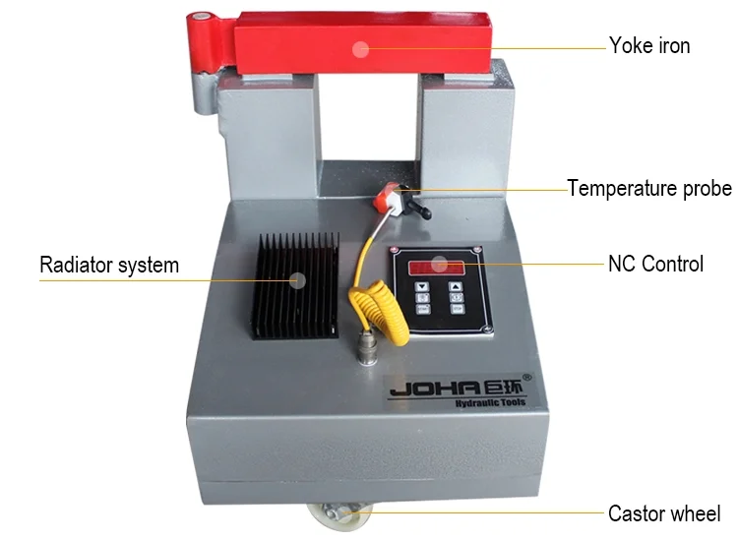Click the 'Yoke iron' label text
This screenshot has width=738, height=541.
[x=649, y=45]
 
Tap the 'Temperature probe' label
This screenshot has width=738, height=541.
[x=649, y=187]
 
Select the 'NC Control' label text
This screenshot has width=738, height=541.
[x=656, y=264]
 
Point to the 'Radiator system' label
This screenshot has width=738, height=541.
[x=109, y=265]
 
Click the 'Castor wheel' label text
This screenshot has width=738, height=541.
[x=664, y=512]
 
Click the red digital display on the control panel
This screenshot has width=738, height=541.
[x=439, y=267]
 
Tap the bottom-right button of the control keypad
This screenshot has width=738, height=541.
[x=458, y=307]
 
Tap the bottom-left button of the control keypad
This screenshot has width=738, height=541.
[x=423, y=307]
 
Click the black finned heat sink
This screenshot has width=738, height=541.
[x=296, y=285]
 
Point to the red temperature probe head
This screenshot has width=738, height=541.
[x=386, y=198]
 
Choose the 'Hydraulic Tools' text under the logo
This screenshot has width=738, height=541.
[x=491, y=402]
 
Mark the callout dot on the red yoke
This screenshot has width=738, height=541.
[x=361, y=46]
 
